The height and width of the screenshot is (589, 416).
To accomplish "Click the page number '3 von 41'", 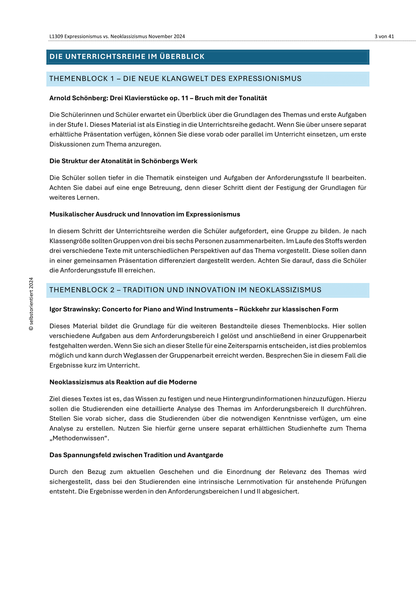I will pyautogui.click(x=384, y=37).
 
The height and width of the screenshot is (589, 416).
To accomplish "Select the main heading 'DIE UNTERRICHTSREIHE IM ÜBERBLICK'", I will pyautogui.click(x=127, y=57).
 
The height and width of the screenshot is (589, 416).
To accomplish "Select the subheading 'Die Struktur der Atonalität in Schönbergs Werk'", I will pyautogui.click(x=123, y=161).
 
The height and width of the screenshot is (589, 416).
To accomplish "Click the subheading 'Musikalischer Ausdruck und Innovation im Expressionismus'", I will pyautogui.click(x=145, y=214).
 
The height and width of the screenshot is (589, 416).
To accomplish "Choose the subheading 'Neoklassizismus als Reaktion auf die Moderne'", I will pyautogui.click(x=123, y=382).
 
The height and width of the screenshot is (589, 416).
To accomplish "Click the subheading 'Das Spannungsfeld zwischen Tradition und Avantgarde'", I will pyautogui.click(x=136, y=455).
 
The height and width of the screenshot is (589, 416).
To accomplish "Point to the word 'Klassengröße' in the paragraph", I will pyautogui.click(x=68, y=241).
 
